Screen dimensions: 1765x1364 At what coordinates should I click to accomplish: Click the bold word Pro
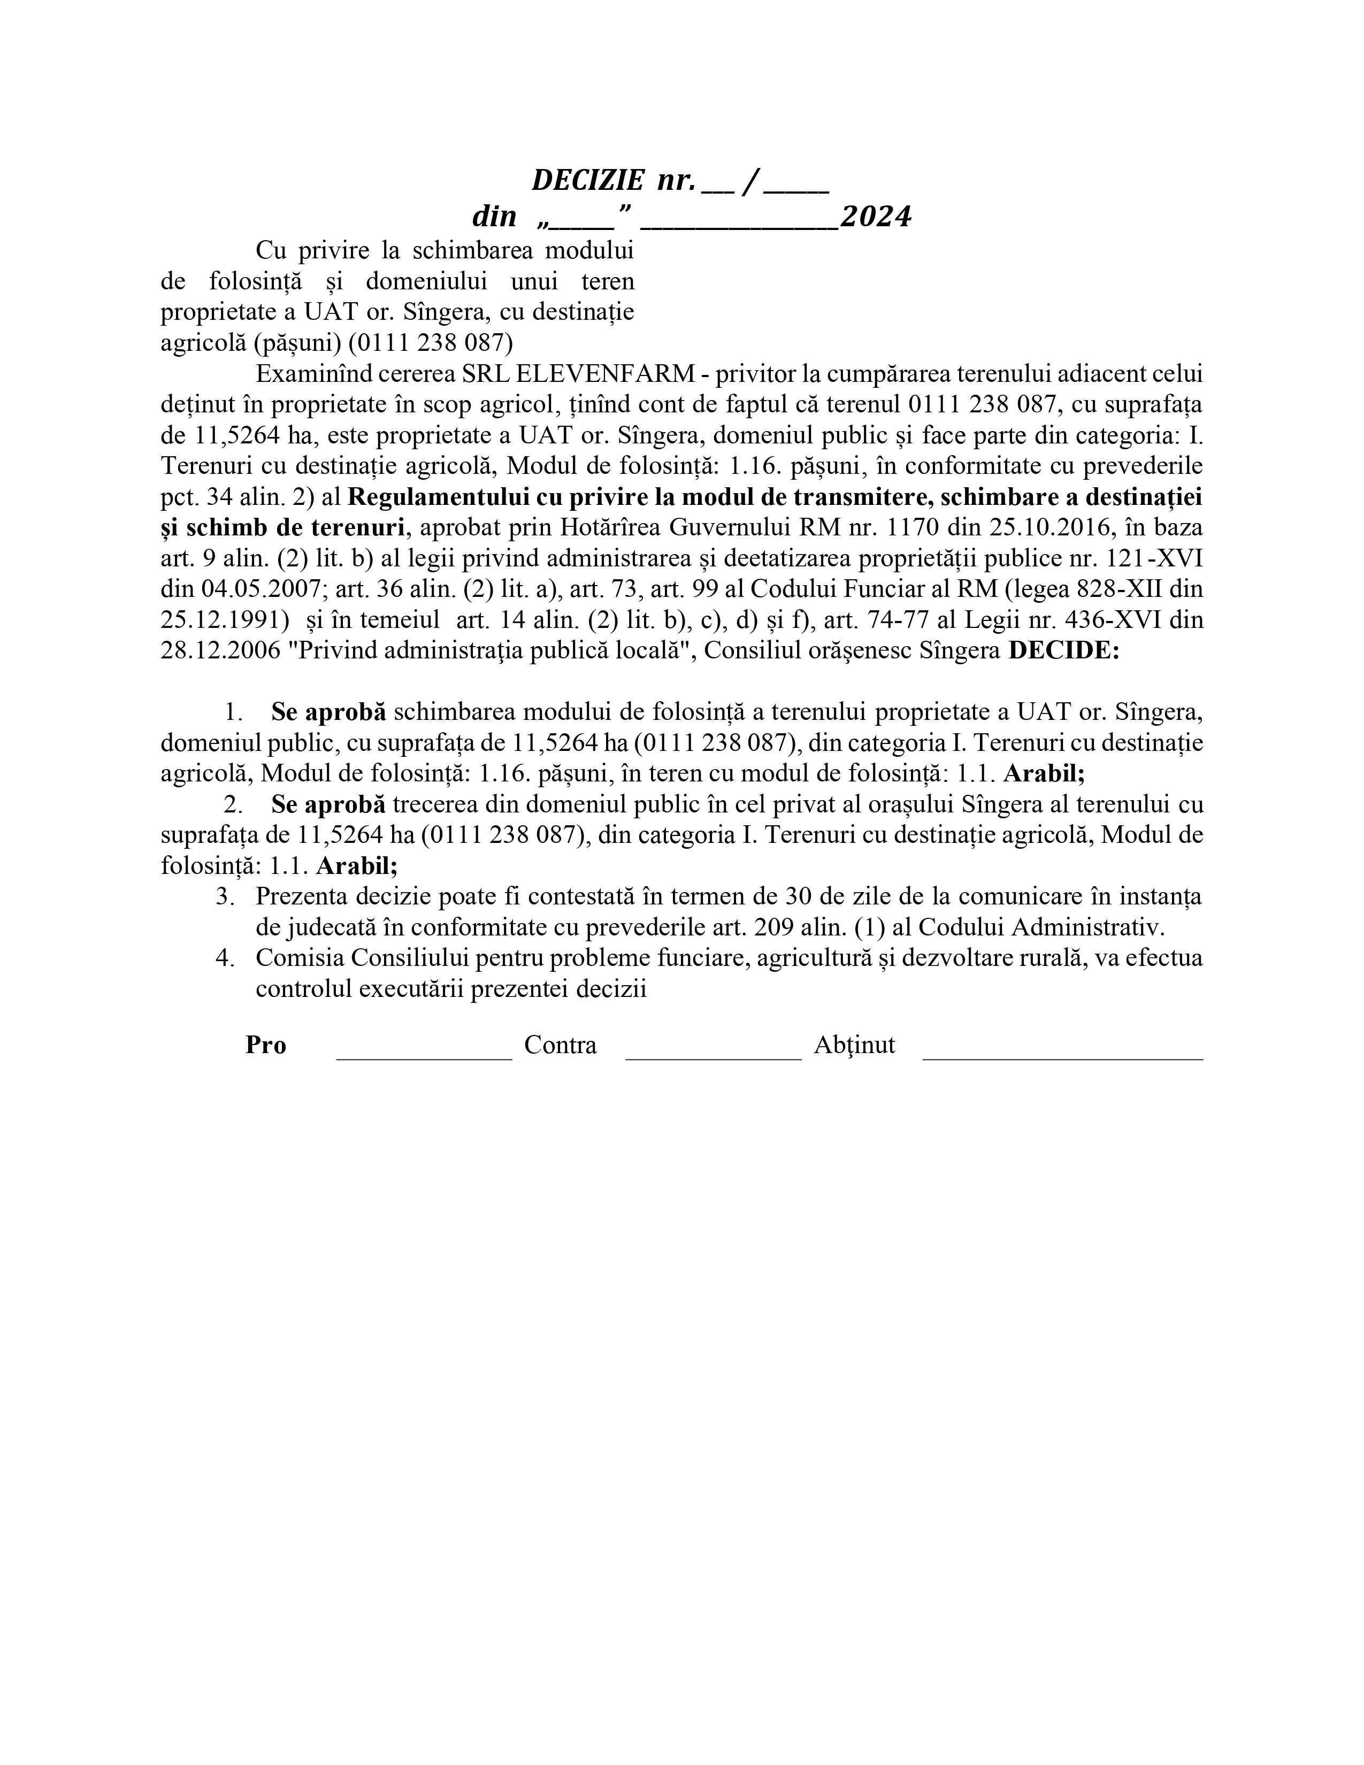tap(266, 1045)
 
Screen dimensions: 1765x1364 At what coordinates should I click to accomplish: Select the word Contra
tap(560, 1045)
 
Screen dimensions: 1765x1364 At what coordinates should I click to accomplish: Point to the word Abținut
tap(854, 1045)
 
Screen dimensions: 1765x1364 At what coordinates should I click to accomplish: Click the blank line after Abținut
tap(1063, 1055)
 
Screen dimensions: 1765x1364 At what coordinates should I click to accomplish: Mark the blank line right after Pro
tap(424, 1055)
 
